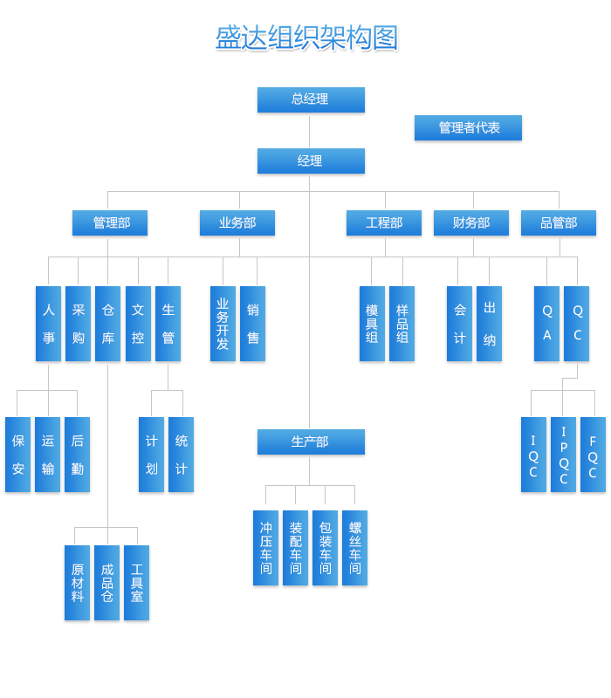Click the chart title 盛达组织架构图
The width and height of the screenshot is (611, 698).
pos(306,38)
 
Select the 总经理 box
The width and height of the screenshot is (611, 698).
pos(311,99)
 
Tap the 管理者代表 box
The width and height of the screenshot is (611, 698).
pos(468,127)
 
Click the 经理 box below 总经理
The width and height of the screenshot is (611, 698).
pos(311,161)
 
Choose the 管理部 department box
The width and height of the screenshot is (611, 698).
pos(110,222)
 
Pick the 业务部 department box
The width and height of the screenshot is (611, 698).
pos(237,222)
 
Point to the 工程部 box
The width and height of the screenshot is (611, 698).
pos(384,222)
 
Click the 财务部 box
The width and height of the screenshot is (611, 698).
pos(471,222)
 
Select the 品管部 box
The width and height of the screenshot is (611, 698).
pos(559,222)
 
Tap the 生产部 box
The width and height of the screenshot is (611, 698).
pos(311,441)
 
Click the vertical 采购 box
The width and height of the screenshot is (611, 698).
pos(79,324)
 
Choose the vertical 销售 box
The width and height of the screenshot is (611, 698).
pos(253,324)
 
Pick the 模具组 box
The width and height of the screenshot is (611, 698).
pos(372,324)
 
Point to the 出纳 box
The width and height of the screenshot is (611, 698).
pos(490,324)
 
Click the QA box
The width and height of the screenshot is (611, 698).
pos(547,324)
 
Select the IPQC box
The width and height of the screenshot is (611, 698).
pos(564,455)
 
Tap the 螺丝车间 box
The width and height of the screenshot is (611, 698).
pos(355,548)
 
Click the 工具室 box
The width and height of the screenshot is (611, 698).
pos(137,583)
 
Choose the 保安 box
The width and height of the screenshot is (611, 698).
pos(18,455)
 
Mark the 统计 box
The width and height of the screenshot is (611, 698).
pos(182,455)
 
